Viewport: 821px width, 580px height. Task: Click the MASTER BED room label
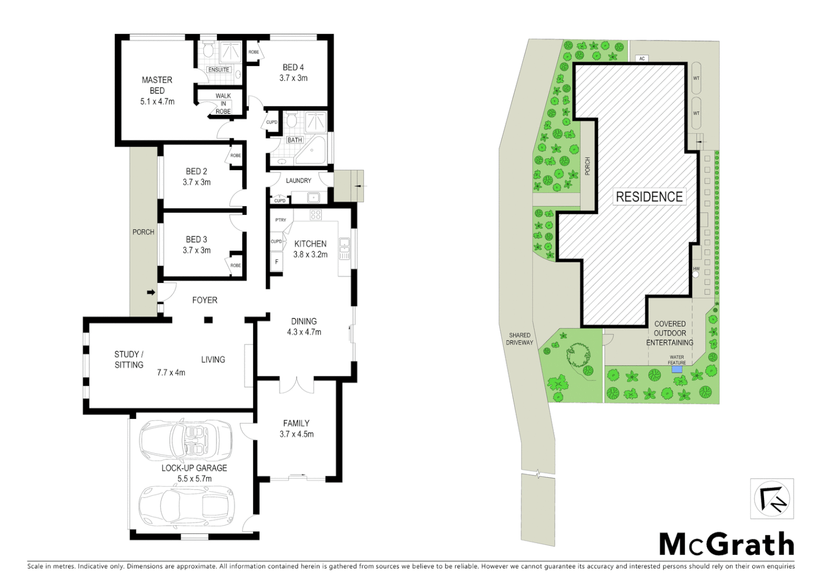pos(157,85)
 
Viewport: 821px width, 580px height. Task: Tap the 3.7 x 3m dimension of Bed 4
pos(293,78)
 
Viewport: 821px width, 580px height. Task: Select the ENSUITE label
pos(218,70)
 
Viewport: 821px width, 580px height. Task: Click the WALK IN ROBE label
pos(223,104)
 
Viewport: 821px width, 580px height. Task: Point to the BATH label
pos(294,140)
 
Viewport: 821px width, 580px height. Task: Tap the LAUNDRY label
pos(298,180)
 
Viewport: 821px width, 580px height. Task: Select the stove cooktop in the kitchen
pos(315,215)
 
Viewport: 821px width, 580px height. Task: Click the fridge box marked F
pos(277,262)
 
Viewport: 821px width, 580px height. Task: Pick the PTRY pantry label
pos(280,220)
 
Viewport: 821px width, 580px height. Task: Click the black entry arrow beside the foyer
pos(152,293)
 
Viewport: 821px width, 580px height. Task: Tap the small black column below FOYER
pos(208,321)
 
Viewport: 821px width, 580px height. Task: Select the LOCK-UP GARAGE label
pos(194,468)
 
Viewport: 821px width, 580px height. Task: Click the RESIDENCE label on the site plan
pos(649,197)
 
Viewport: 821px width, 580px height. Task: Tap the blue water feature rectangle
pos(676,369)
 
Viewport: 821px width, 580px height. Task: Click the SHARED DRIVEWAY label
pos(520,339)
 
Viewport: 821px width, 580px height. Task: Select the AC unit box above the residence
pos(642,59)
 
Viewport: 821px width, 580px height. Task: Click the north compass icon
pos(772,499)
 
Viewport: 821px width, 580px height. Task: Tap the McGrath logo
pos(726,545)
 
